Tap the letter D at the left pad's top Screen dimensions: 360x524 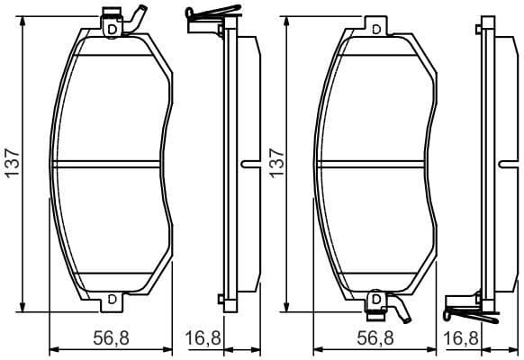pyautogui.click(x=112, y=29)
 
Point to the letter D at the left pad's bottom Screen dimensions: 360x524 pyautogui.click(x=112, y=299)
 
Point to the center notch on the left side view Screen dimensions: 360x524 pyautogui.click(x=247, y=164)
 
